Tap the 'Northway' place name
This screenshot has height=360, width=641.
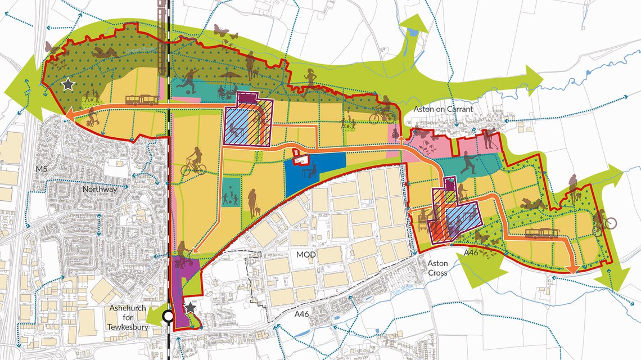click(99, 190)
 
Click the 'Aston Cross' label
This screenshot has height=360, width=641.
click(437, 268)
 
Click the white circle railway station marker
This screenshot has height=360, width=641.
click(167, 317)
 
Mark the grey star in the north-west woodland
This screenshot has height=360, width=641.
click(68, 84)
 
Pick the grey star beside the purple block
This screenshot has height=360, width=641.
click(191, 307)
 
